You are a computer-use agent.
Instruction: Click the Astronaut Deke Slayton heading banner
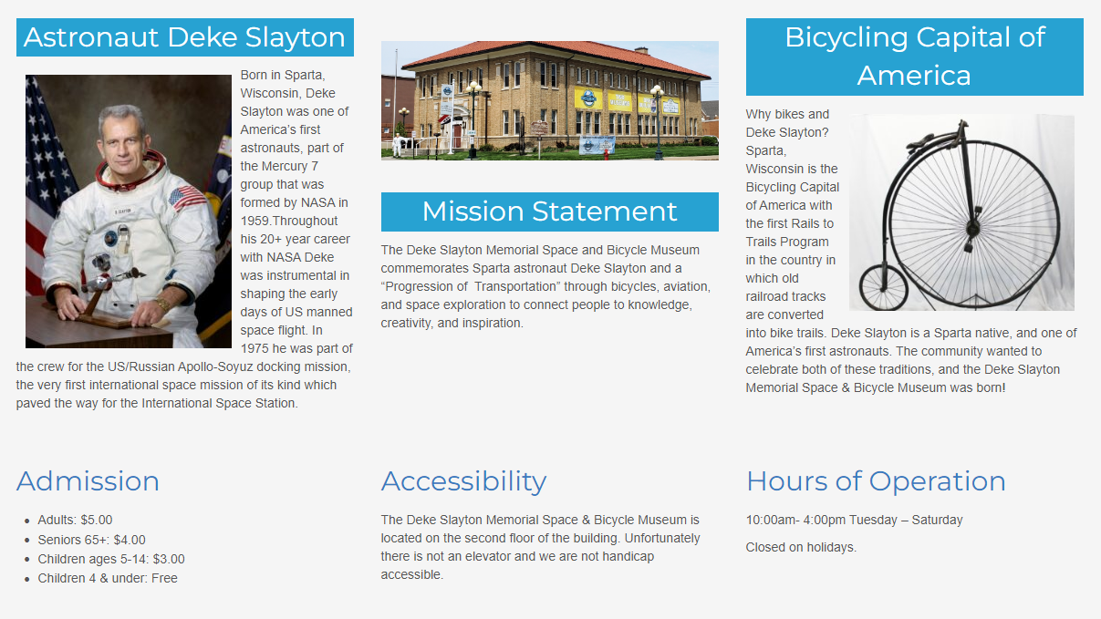point(185,37)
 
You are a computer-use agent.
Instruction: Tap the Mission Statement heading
point(549,211)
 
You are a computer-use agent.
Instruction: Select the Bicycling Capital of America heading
point(914,57)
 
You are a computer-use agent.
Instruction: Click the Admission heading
point(88,481)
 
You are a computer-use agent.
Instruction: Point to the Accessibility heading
point(463,481)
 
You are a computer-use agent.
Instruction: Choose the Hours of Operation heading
point(876,481)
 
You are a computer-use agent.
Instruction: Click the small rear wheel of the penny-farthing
point(883,287)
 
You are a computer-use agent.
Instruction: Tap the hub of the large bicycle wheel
point(972,228)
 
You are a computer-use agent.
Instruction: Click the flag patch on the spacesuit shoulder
point(187,197)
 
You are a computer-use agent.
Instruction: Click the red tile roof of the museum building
point(556,58)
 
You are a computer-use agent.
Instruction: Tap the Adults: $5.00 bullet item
point(75,520)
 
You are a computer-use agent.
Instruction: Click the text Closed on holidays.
point(801,547)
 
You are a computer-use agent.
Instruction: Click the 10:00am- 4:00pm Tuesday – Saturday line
point(855,520)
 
